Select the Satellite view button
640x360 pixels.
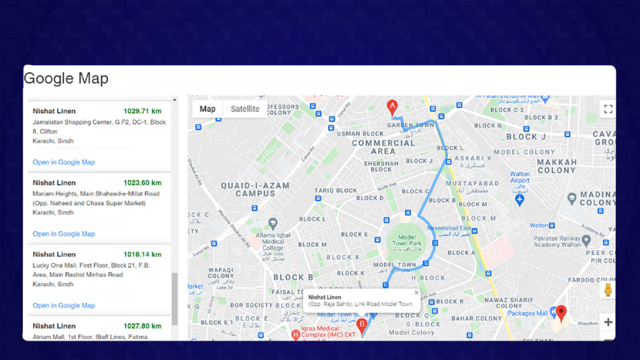(245, 109)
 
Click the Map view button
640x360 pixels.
(207, 109)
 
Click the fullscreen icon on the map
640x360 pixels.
(608, 109)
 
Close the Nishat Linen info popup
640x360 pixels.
(416, 293)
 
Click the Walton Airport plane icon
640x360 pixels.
(520, 200)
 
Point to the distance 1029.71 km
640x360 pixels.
(142, 111)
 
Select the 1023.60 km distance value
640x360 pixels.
(142, 182)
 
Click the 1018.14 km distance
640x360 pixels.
(142, 254)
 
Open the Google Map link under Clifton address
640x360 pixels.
(63, 162)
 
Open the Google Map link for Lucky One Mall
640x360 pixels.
(63, 305)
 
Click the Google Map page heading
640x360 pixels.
(66, 79)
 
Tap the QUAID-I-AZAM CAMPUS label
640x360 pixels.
(255, 189)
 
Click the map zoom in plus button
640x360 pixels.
(608, 322)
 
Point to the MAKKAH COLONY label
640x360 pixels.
(556, 166)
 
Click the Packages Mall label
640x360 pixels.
(527, 313)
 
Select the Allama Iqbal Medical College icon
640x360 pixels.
(273, 223)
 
